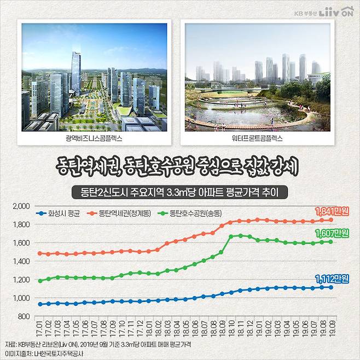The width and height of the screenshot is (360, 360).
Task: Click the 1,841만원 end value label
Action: coord(332,211)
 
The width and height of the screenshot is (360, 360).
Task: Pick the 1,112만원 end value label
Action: coord(332,279)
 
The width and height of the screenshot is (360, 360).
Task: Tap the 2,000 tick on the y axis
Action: coord(20,206)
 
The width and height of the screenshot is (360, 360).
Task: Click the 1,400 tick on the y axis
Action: coord(20,262)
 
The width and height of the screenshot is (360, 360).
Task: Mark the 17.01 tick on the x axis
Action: coord(39,330)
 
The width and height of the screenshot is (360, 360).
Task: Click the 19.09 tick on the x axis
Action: coord(330,330)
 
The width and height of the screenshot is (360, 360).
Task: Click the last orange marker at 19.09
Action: coord(330,220)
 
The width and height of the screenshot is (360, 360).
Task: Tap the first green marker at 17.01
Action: coord(39,281)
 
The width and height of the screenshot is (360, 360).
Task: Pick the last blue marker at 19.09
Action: coord(330,287)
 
